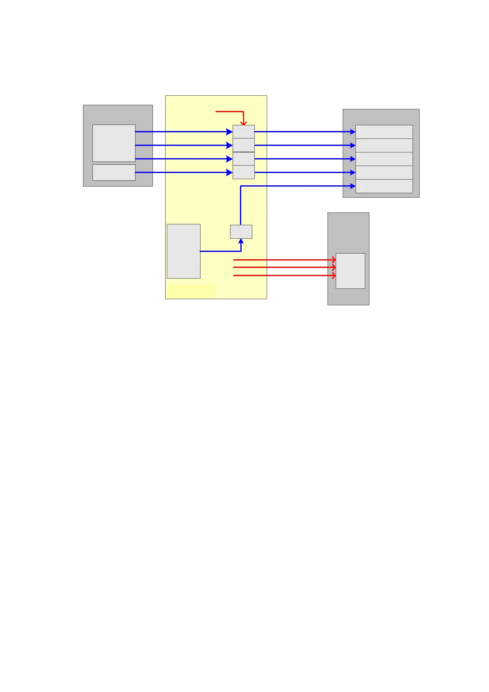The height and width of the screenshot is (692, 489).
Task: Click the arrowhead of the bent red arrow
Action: coord(244,123)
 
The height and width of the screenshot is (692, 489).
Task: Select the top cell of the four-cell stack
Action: coord(244,132)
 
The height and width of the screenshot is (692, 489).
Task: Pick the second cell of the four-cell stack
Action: coord(244,145)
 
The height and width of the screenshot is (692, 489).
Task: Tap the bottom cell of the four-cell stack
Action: coord(244,173)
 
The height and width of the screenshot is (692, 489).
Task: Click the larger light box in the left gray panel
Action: coord(114,143)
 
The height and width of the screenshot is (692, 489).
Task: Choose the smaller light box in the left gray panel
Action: coord(114,173)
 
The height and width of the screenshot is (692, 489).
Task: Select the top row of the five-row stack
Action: coord(384,132)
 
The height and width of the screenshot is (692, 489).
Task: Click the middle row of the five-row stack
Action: coord(384,159)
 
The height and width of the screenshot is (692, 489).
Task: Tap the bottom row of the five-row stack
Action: coord(384,186)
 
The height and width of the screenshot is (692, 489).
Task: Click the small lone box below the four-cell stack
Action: coord(241,232)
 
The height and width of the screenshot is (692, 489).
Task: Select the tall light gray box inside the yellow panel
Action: coord(184,251)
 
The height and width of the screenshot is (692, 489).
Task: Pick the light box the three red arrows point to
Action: coord(351,271)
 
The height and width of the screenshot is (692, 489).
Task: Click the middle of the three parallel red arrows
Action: coord(284,268)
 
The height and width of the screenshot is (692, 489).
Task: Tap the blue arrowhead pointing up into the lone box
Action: coord(241,241)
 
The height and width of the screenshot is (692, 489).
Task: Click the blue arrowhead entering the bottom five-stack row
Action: coord(353,186)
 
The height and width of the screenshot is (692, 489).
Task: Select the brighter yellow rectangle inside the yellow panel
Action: coord(191,291)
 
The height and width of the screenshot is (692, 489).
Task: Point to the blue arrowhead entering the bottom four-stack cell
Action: coord(230,173)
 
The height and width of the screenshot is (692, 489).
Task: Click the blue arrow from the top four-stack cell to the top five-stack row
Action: coord(304,132)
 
